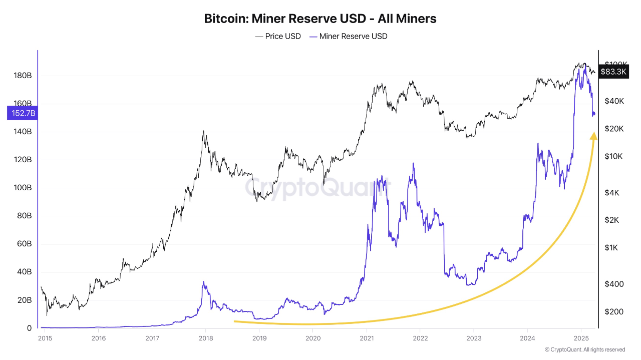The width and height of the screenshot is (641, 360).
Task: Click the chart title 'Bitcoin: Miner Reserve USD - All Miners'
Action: tap(320, 19)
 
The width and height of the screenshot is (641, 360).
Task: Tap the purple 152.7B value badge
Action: tap(21, 113)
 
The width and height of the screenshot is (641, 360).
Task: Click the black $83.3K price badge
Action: tap(613, 72)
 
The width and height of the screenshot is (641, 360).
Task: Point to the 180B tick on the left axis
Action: tap(22, 76)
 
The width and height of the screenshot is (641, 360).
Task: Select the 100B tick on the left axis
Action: tap(22, 188)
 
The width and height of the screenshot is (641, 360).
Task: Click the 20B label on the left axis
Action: tap(24, 300)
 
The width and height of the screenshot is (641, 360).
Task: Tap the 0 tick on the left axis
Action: tap(29, 328)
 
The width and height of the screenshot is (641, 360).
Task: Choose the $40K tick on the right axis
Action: tap(613, 101)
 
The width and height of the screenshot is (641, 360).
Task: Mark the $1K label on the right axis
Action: tap(611, 247)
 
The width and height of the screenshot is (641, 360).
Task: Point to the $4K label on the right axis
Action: tap(611, 192)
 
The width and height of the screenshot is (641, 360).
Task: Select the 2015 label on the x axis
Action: tap(45, 338)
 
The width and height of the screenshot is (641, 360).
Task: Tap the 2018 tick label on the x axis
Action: tap(205, 338)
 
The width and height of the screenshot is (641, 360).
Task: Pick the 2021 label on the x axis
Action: tap(367, 338)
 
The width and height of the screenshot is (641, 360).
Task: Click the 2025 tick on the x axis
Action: tap(581, 338)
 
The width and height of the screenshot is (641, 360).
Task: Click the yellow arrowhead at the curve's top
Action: tap(593, 135)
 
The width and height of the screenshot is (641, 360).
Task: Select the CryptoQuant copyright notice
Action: tap(585, 349)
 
